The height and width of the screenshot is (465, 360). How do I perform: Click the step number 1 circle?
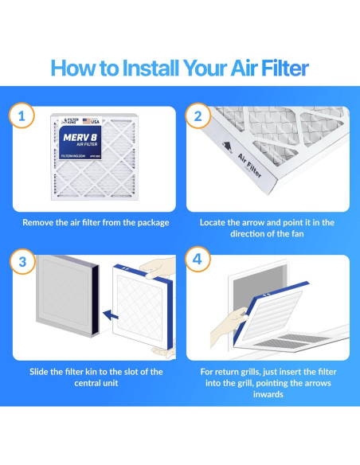click(21, 115)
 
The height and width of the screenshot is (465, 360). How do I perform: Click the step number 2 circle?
click(195, 115)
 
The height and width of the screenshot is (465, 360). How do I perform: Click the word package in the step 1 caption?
click(150, 222)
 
